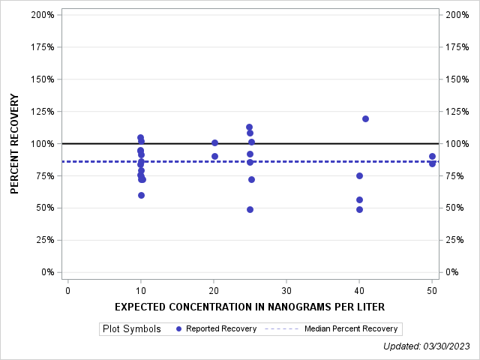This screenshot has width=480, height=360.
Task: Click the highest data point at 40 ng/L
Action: tap(365, 118)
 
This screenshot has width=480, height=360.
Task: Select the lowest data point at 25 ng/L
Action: tap(250, 209)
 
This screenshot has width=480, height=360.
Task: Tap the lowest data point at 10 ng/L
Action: tap(141, 195)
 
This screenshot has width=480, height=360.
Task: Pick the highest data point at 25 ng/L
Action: tap(249, 127)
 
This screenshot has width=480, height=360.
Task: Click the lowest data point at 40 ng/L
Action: tap(359, 209)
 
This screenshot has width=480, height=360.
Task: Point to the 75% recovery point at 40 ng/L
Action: tap(359, 175)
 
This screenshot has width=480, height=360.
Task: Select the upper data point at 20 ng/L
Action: tap(214, 142)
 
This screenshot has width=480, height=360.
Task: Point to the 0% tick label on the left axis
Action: tap(46, 272)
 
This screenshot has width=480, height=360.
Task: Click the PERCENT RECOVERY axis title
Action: tap(15, 143)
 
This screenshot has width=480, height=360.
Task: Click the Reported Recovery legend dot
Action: tap(178, 328)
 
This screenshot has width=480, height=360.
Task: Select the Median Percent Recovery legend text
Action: tap(351, 328)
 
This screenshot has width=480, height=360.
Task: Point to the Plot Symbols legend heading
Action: tap(131, 328)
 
